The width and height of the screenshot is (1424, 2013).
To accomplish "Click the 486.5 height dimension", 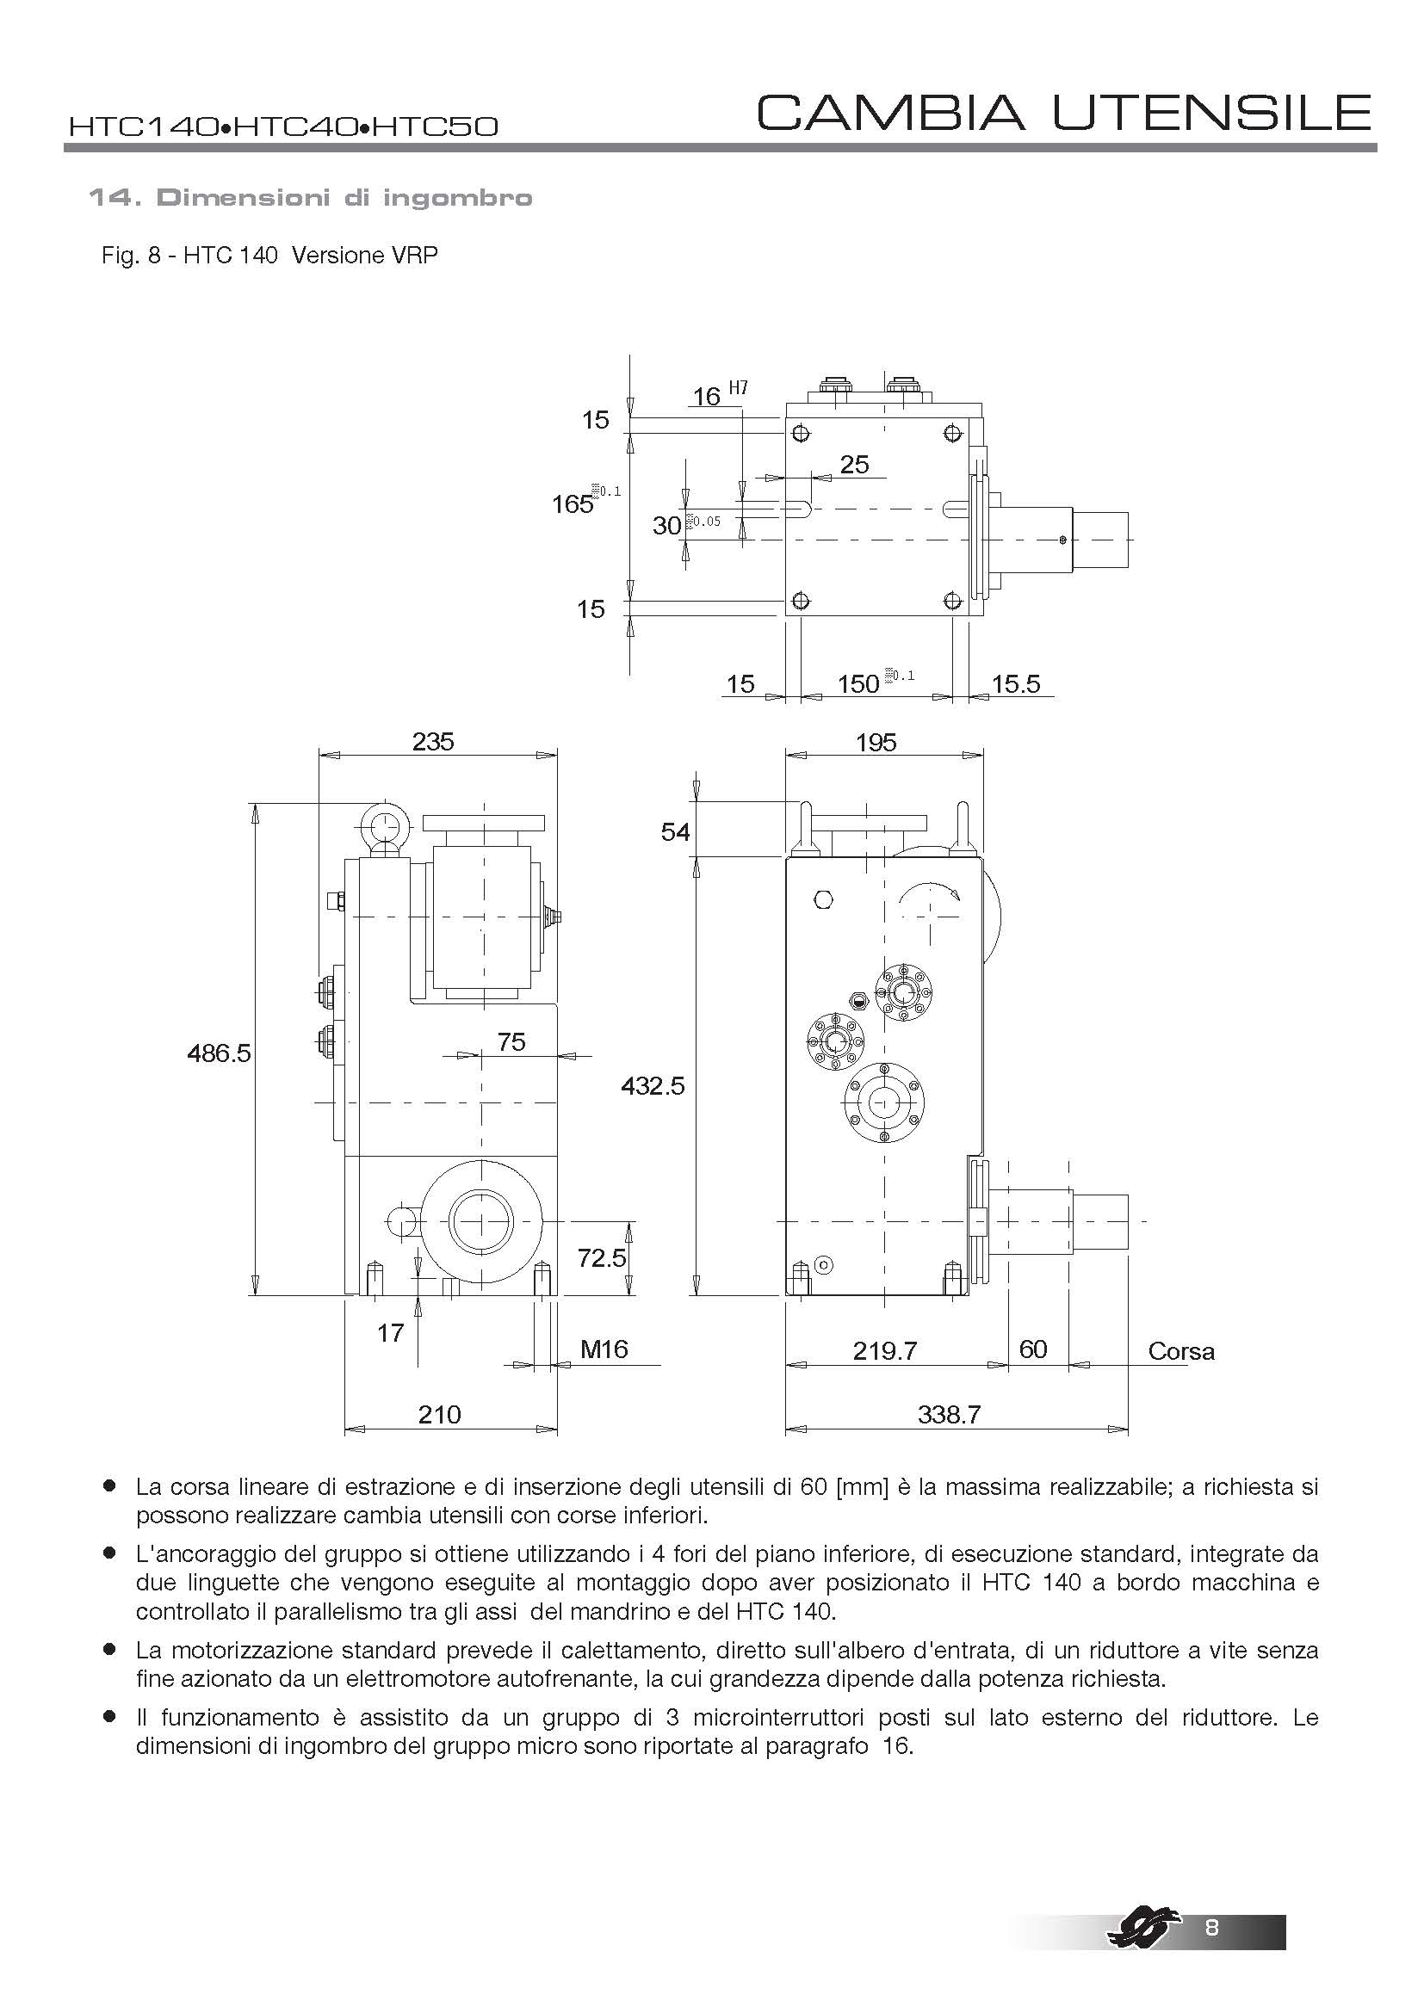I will point(220,1052).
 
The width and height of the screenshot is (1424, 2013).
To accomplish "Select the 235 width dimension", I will point(433,742).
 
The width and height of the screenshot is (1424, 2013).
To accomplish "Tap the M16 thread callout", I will point(604,1349).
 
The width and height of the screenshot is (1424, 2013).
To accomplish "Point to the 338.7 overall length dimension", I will point(949,1413).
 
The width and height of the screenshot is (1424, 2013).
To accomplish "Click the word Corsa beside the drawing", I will point(1181,1351).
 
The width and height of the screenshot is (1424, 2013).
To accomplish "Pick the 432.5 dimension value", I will point(653,1086).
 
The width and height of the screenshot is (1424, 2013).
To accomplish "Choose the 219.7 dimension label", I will point(885,1350).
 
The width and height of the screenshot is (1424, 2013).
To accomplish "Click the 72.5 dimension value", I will point(603,1258).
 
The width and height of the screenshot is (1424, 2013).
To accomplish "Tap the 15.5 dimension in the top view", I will point(1015,684).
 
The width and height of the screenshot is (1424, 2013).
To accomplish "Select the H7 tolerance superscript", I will point(739,388).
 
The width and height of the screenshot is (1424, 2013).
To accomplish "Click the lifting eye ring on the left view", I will point(383,824).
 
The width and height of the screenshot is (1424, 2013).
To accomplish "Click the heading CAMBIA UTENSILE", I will point(1062,113).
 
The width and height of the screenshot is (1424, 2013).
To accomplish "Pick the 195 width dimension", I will point(876,743).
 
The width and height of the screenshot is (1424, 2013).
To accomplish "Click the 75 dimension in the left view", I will point(511,1041).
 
